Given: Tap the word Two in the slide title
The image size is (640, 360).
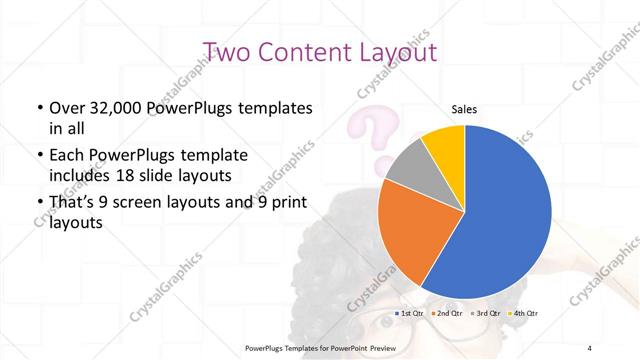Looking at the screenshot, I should tap(229, 52).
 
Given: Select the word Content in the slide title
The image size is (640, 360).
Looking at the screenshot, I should tap(304, 52).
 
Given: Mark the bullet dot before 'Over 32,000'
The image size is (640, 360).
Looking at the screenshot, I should tap(39, 108).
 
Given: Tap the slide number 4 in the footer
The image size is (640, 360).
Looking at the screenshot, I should tap(589, 347).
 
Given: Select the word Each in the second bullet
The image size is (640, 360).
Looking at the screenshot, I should tap(66, 156).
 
